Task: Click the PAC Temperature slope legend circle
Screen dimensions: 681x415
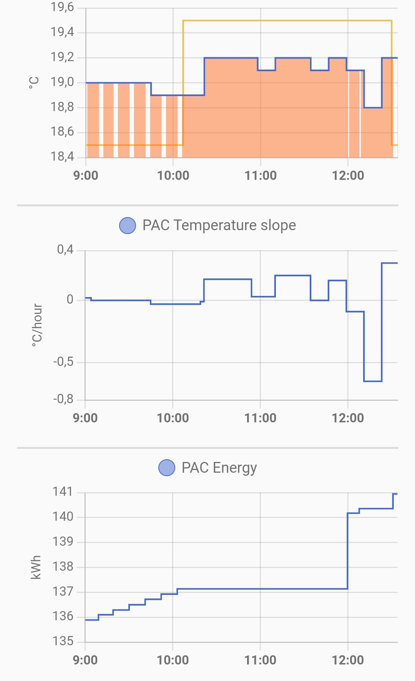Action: [x=128, y=226]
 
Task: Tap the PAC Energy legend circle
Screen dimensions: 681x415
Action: [x=167, y=468]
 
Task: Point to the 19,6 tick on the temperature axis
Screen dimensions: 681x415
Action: [x=62, y=7]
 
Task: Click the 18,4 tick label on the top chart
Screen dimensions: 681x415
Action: [x=62, y=156]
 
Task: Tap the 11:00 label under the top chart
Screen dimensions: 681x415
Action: [x=261, y=176]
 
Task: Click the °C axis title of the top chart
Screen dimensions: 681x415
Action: [x=34, y=82]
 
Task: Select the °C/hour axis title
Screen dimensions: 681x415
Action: [x=37, y=325]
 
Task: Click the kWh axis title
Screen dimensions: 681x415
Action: [x=36, y=567]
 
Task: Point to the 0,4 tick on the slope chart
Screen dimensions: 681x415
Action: [x=65, y=250]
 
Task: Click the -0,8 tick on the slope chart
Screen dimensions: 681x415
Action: [x=63, y=399]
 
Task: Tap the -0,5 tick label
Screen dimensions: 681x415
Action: [x=63, y=362]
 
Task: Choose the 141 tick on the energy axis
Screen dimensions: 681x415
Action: [x=63, y=492]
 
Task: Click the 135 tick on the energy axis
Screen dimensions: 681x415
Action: [x=63, y=641]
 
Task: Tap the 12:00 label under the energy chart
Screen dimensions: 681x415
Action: [x=348, y=660]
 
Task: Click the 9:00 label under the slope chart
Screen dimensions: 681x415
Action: [x=85, y=418]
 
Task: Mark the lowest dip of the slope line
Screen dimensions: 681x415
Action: [x=373, y=381]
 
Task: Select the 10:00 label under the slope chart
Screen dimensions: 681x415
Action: [x=173, y=418]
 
